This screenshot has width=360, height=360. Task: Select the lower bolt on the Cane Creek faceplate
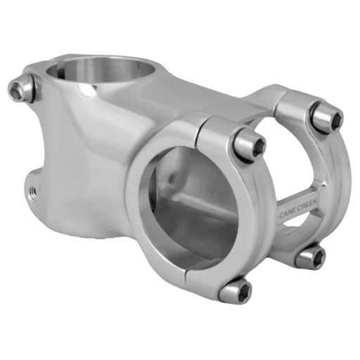coord(310,256)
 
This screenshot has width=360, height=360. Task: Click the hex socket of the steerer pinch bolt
coord(17,89)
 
